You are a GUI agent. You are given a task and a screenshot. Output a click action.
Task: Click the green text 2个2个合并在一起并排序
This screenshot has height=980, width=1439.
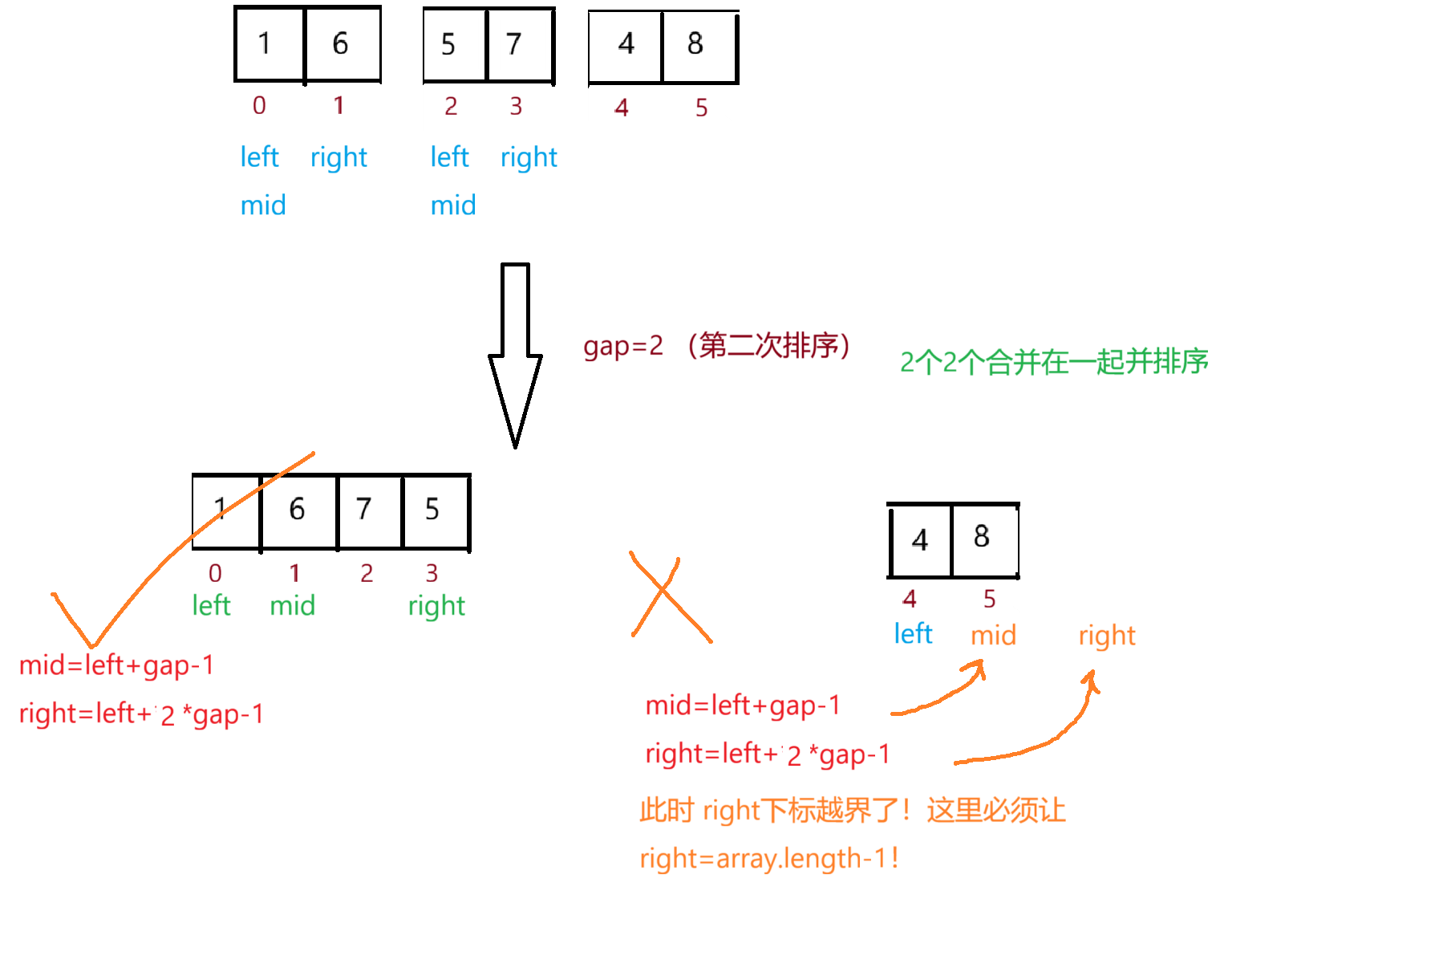point(1053,362)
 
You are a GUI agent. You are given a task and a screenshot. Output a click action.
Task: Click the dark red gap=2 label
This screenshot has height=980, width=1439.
point(623,346)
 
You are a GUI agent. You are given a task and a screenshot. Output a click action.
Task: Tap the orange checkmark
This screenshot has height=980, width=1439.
point(160,562)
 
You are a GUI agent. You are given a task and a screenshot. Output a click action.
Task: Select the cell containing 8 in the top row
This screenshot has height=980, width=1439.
point(696,45)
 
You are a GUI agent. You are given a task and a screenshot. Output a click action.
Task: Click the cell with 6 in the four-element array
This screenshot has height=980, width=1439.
point(298,510)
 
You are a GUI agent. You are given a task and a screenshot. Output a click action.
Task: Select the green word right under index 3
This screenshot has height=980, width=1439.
point(436,606)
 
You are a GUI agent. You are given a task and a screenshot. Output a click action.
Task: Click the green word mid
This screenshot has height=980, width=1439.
point(292,606)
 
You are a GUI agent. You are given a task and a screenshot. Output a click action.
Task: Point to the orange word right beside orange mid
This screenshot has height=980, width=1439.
point(1106,636)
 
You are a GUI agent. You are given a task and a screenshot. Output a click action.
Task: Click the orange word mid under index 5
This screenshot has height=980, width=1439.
point(993,636)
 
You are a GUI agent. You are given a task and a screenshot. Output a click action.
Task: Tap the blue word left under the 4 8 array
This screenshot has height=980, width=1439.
point(913,634)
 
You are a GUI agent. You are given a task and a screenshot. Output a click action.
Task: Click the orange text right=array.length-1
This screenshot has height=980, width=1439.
point(768,859)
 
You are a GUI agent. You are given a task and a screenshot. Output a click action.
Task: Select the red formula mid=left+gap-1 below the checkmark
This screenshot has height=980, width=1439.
point(116,665)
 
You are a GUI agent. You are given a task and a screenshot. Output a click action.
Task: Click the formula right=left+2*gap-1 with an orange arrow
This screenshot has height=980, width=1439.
point(767,754)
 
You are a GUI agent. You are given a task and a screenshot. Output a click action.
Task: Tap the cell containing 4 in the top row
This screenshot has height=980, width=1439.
point(626,45)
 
